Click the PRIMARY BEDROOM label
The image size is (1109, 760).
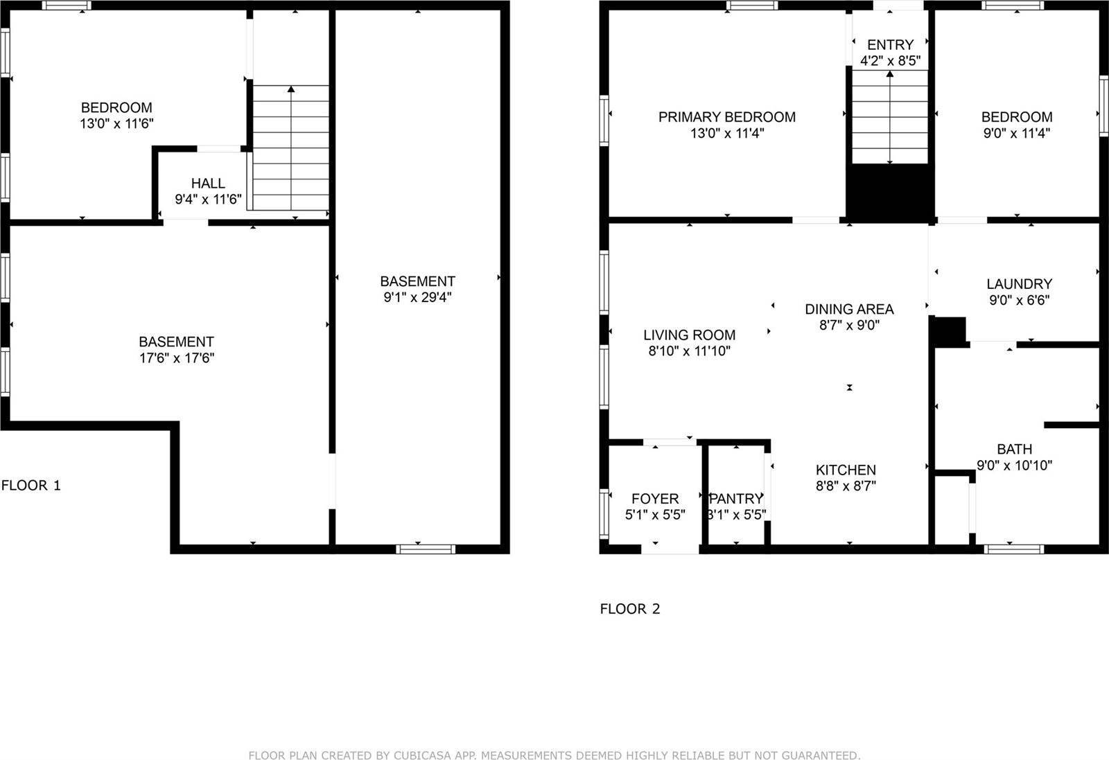[726, 117]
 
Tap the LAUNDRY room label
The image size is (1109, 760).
[1019, 284]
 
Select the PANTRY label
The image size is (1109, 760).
[736, 499]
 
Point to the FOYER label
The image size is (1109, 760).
[655, 499]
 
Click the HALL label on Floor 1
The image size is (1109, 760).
[208, 184]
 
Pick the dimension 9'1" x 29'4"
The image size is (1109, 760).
[417, 298]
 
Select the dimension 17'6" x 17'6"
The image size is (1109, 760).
[176, 358]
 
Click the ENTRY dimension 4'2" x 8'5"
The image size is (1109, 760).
[890, 61]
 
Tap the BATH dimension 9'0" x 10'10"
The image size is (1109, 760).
[1014, 466]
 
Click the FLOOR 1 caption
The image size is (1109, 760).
[31, 486]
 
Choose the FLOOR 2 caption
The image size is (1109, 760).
[630, 609]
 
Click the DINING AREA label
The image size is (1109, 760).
[849, 309]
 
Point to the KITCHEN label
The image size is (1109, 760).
[846, 470]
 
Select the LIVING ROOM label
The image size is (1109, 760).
[689, 335]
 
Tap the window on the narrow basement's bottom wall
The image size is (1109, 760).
[426, 549]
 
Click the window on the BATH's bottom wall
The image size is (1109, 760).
[1013, 549]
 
